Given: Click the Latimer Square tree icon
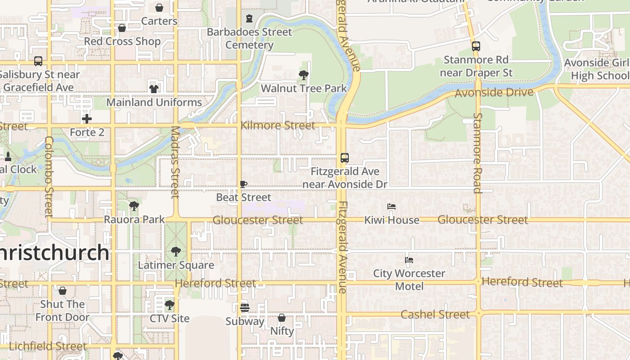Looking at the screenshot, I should pyautogui.click(x=176, y=251).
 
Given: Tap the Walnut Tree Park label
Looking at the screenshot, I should pyautogui.click(x=304, y=88).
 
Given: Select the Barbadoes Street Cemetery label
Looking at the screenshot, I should pyautogui.click(x=249, y=38).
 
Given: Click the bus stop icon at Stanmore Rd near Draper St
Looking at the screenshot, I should pyautogui.click(x=476, y=46).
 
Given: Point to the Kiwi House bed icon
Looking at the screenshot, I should pyautogui.click(x=391, y=207).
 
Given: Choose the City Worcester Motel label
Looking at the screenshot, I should pyautogui.click(x=409, y=279).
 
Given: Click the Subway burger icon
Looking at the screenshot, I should pyautogui.click(x=245, y=308).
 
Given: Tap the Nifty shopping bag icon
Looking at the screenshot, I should pyautogui.click(x=282, y=318).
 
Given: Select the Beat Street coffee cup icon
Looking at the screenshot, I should pyautogui.click(x=243, y=184).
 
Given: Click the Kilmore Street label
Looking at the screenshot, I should pyautogui.click(x=278, y=126).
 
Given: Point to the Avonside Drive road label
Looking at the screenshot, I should pyautogui.click(x=494, y=93).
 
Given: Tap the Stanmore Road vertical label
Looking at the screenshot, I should pyautogui.click(x=477, y=153).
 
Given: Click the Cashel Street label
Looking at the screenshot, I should pyautogui.click(x=435, y=314).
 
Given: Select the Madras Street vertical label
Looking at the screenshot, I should pyautogui.click(x=175, y=162).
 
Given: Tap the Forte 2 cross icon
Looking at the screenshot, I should pyautogui.click(x=87, y=119).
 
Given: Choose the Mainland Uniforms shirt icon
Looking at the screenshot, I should pyautogui.click(x=154, y=89).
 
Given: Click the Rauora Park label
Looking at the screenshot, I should pyautogui.click(x=134, y=220).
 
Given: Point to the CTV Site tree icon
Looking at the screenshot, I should pyautogui.click(x=169, y=305).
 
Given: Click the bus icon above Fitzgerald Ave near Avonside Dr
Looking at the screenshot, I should pyautogui.click(x=344, y=158).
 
